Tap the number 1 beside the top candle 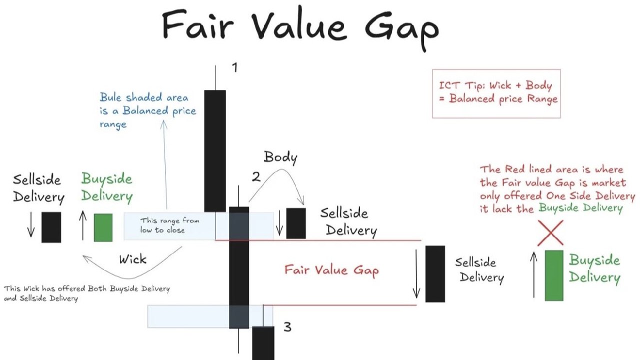click(x=234, y=67)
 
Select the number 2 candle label click(x=256, y=177)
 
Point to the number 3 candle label click(x=287, y=327)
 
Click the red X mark click(x=550, y=233)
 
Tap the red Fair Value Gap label click(x=331, y=270)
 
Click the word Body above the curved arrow click(x=280, y=157)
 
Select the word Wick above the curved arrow click(x=133, y=259)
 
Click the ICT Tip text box click(x=496, y=93)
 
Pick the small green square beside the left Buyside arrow click(x=103, y=227)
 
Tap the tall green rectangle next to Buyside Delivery click(x=554, y=275)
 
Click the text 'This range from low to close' click(x=169, y=225)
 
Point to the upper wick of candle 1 click(x=215, y=77)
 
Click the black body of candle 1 click(x=215, y=151)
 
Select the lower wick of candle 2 click(x=238, y=341)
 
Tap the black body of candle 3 click(x=263, y=343)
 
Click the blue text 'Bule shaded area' click(x=144, y=97)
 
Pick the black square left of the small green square click(x=51, y=227)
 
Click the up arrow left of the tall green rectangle click(x=533, y=274)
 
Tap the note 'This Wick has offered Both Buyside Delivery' click(x=87, y=288)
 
